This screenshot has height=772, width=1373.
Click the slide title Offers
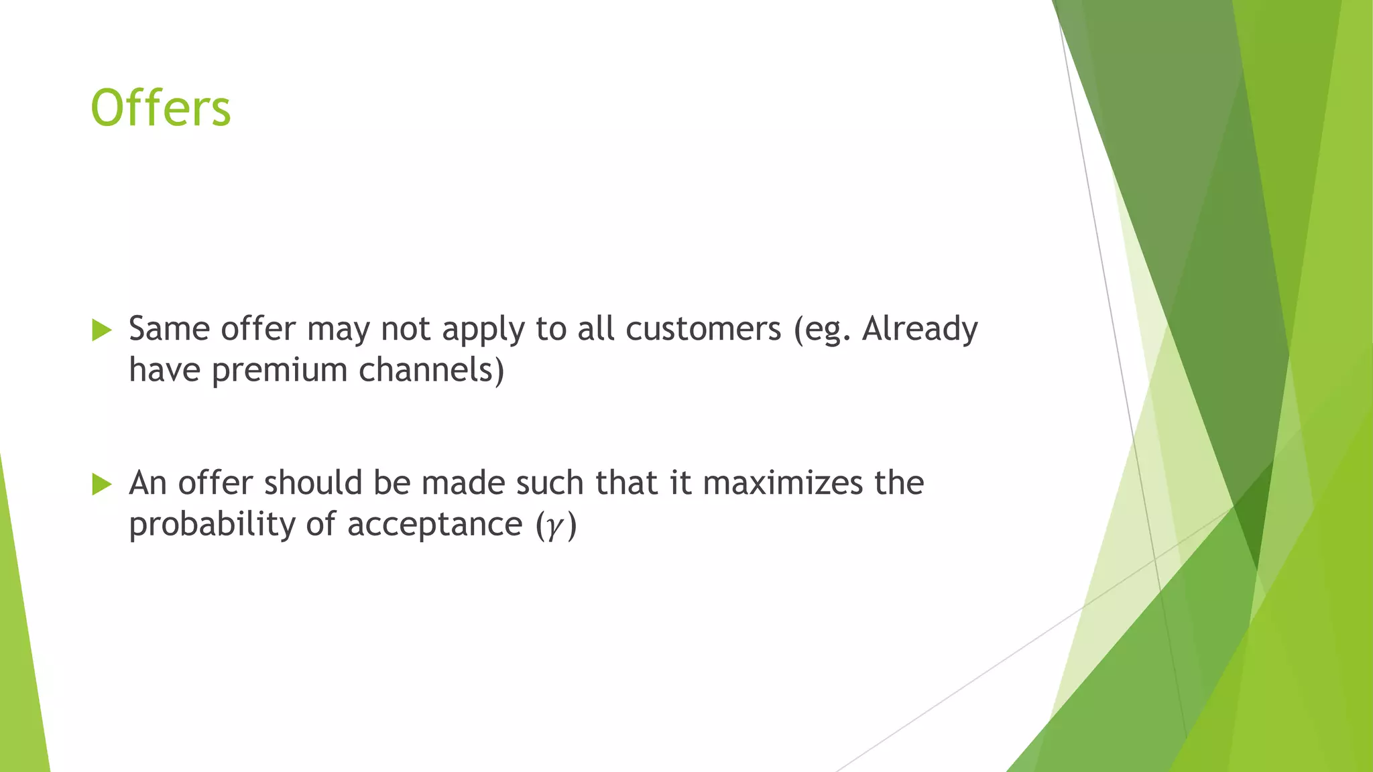(161, 109)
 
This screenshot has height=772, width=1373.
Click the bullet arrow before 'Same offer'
(101, 330)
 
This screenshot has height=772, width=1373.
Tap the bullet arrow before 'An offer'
(101, 484)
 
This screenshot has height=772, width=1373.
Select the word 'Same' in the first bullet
(169, 329)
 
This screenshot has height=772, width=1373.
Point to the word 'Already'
(920, 329)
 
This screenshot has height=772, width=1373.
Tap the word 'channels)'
(431, 370)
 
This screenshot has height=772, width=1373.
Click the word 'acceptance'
(434, 524)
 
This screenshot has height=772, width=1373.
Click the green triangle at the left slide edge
(20, 657)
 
